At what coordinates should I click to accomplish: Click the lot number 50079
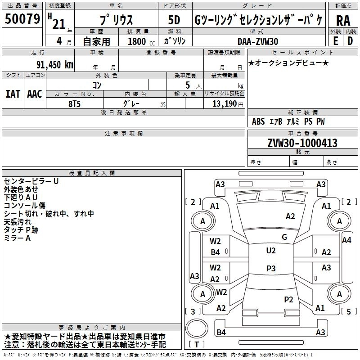coord(22,19)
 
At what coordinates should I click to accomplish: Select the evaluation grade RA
coord(343,21)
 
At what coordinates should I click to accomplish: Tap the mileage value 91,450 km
coord(55,65)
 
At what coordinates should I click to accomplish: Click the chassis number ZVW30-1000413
coord(302,143)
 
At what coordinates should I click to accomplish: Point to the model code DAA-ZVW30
coord(258,41)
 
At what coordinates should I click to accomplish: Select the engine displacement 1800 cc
coord(141,42)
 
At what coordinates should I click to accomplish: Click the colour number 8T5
coord(74,104)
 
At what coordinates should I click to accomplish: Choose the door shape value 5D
coord(174,20)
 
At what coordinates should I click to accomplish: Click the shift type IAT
coord(13,94)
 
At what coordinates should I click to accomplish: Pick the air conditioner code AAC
coord(35,94)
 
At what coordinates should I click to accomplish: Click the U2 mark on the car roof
coord(271,251)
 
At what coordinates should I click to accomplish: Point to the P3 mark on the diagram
coord(271,268)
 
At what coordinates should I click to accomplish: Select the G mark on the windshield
coord(284,237)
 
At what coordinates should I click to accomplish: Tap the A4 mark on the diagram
coord(346,240)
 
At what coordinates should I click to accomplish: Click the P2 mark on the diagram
coord(288,299)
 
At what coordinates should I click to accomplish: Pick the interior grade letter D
coord(350,41)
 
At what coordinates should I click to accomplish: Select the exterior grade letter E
coord(335,41)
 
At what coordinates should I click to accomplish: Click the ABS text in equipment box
coord(258,121)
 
